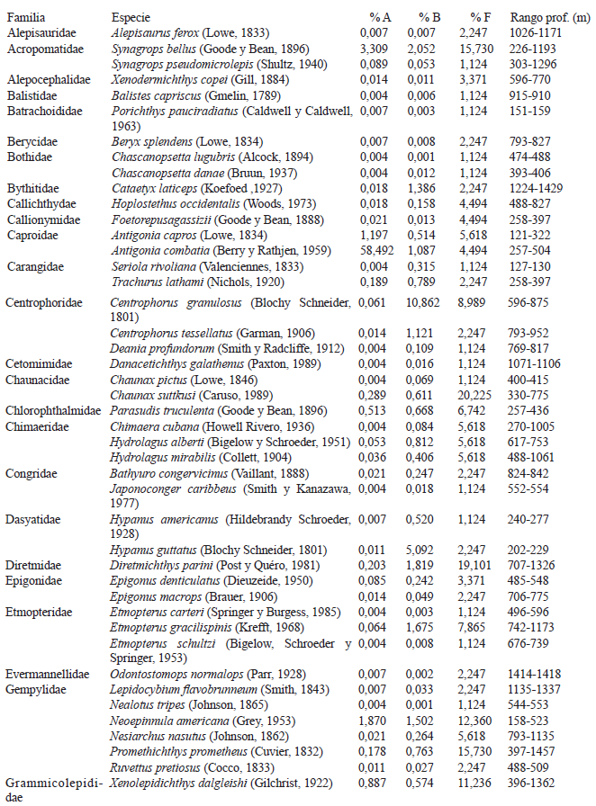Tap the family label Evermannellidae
tap(48, 674)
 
